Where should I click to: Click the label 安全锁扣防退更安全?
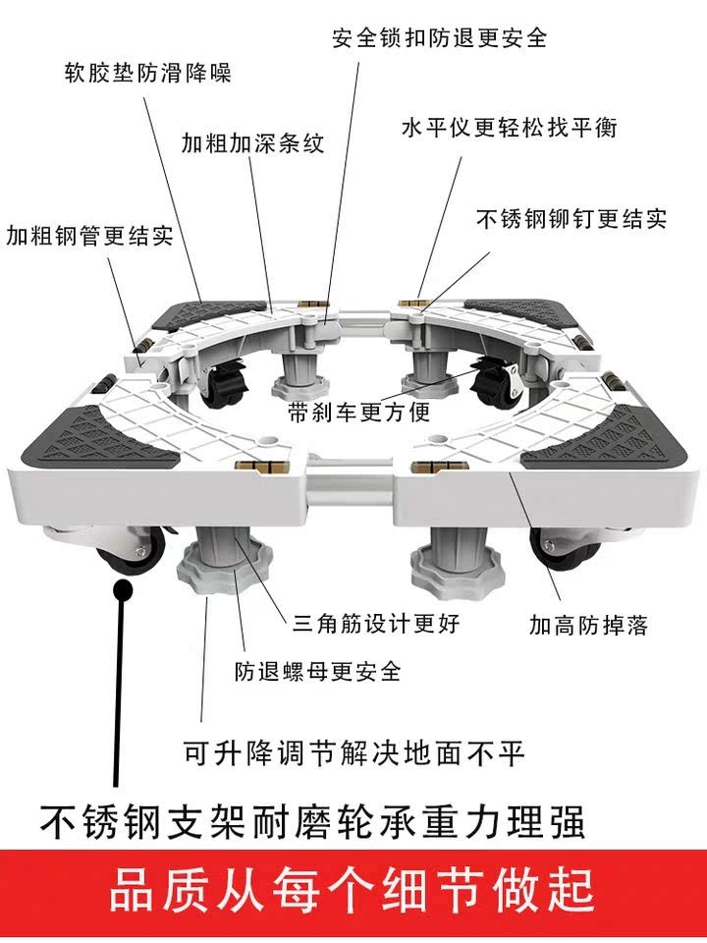tap(440, 37)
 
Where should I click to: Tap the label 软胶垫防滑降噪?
tap(147, 73)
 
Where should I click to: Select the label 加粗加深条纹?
tap(252, 141)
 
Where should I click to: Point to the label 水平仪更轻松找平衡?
tap(510, 128)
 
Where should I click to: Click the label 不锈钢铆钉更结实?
tap(571, 218)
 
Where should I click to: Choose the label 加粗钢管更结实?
tap(89, 236)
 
